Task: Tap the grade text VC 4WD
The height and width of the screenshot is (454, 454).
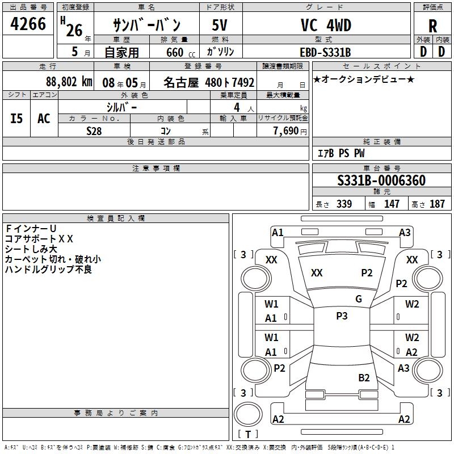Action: (326, 26)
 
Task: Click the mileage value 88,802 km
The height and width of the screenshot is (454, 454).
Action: (69, 81)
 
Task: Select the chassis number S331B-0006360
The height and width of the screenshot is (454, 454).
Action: (381, 180)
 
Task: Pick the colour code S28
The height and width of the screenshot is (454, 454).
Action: (94, 131)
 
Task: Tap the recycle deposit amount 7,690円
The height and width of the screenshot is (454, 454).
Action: (290, 131)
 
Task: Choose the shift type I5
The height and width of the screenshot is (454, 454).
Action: (17, 119)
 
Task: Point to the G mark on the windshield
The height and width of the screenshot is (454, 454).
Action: (359, 299)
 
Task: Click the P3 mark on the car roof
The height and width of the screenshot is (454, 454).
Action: (342, 316)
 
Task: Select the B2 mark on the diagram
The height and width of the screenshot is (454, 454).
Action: (364, 377)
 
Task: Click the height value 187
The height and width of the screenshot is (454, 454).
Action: (437, 204)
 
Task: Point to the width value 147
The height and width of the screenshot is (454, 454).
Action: (392, 204)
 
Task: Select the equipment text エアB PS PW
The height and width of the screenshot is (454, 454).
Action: (340, 153)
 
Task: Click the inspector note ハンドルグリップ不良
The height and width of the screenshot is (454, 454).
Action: (48, 270)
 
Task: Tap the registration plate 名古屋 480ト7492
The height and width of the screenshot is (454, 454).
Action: (209, 82)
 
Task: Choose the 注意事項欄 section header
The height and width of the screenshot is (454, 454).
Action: (156, 169)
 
